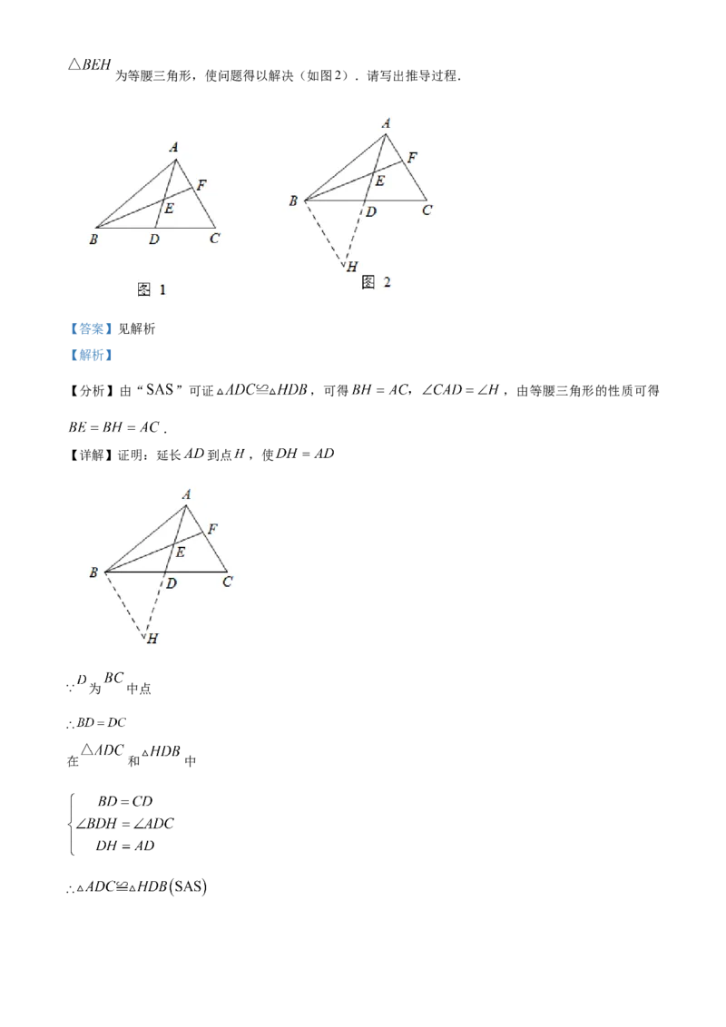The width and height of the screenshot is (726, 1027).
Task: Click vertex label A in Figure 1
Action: (173, 146)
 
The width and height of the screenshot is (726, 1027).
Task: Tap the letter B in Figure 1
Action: (93, 240)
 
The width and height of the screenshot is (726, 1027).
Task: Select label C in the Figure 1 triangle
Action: (214, 239)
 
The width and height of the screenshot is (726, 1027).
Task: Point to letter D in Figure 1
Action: (154, 240)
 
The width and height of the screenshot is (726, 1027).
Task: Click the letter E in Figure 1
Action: (169, 209)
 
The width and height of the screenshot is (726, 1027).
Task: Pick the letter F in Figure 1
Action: (201, 185)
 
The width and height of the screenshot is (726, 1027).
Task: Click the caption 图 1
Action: (151, 289)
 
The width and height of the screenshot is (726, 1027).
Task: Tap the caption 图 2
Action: (376, 282)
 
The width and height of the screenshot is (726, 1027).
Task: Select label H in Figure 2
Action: (351, 266)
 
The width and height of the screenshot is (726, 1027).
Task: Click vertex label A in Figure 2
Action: (387, 123)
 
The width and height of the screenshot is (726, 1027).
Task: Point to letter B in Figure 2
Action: (293, 201)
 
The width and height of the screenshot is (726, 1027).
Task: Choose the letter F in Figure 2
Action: (412, 158)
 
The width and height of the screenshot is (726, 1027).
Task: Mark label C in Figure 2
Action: (426, 210)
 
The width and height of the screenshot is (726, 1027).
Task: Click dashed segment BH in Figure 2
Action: (325, 233)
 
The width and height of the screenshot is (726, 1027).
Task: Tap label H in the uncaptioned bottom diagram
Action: (153, 640)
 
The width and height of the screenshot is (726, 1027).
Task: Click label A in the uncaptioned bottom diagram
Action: (186, 494)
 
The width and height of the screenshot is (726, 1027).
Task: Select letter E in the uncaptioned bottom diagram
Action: (180, 552)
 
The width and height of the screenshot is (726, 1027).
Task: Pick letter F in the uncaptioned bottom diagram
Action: (212, 528)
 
